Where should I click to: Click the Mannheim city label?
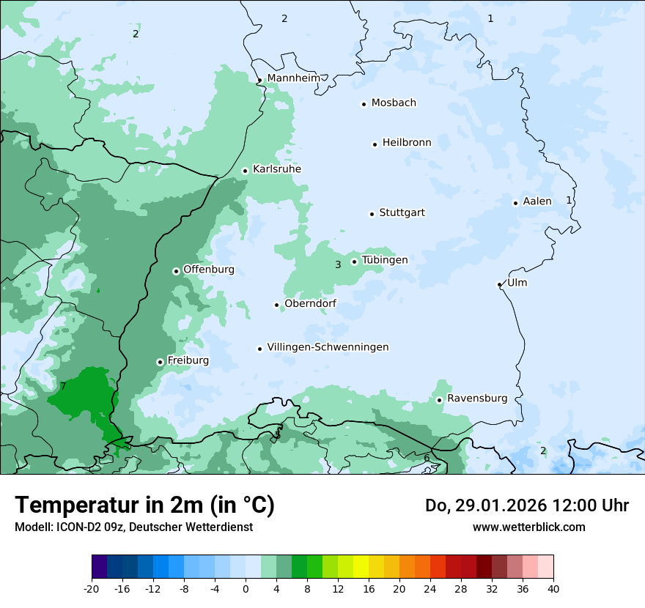pos(293,78)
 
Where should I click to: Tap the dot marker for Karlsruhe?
pos(246,171)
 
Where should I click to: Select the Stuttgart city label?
pos(402,213)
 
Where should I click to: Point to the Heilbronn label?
pos(407,143)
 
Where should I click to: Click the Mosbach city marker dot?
pos(364,104)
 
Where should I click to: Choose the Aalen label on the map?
pos(537,201)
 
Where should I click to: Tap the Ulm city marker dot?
pos(499,284)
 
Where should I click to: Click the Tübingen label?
pos(385,260)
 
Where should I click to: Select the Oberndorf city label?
pos(310,304)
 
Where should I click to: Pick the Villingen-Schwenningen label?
pos(328,347)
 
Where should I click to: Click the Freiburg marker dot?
pos(160,362)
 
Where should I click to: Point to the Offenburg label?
pos(209,270)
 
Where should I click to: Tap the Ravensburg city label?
pos(477,398)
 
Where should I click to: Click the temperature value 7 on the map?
pos(63,386)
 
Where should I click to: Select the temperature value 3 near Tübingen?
pos(338,264)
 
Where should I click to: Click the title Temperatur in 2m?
pos(144,505)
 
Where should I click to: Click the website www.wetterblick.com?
pos(528,527)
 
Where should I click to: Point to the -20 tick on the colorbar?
pos(92,588)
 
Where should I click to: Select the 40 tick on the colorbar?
pos(553,588)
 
